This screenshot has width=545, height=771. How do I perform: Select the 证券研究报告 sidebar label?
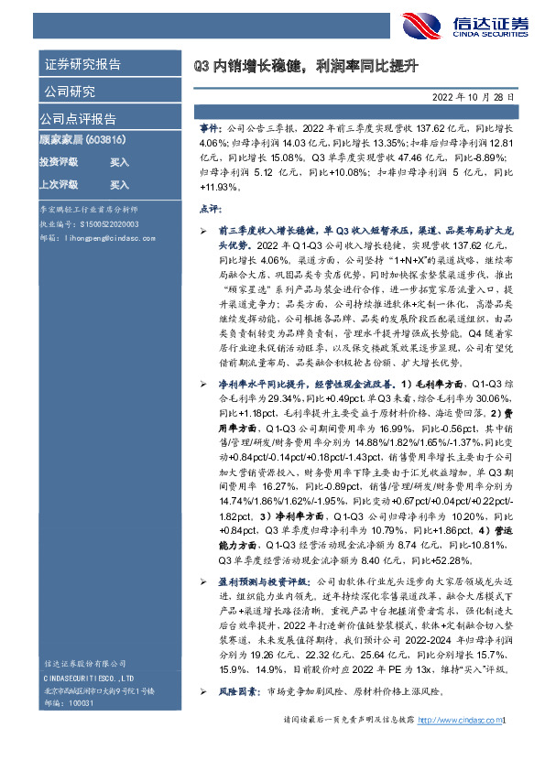coord(82,65)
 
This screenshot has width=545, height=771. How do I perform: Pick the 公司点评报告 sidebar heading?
coord(78,119)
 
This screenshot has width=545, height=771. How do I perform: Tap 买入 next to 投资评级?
coord(119,162)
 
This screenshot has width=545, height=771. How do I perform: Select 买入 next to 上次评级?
coord(119,184)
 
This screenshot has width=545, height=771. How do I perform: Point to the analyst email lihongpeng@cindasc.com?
coord(104,235)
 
